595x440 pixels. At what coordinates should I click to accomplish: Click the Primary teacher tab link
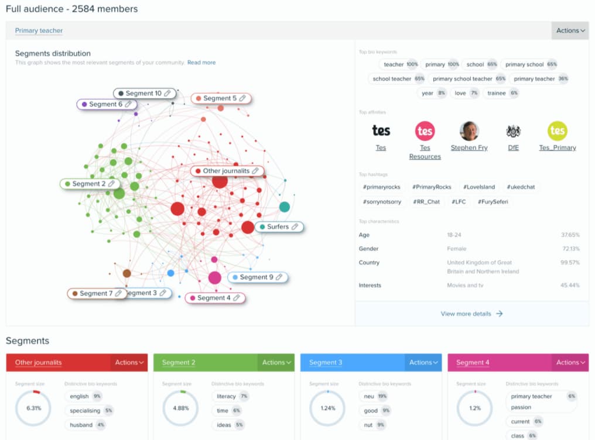tap(39, 30)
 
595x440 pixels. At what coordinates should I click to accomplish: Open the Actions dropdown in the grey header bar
tap(570, 30)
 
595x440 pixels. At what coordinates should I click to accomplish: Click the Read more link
tap(201, 63)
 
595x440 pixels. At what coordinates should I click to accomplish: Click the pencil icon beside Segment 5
tap(242, 98)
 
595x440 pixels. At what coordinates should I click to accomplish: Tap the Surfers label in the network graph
tap(278, 226)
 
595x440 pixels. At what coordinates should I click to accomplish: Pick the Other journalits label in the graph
tap(225, 171)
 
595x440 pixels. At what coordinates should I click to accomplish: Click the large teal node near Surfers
tap(285, 207)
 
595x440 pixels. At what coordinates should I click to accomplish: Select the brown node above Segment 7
tap(126, 273)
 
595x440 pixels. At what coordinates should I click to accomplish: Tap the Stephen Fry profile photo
tap(469, 131)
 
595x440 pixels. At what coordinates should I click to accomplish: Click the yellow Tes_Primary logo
tap(557, 131)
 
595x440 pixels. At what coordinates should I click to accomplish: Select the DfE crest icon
tap(513, 131)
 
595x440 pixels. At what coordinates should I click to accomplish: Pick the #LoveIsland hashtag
tap(478, 187)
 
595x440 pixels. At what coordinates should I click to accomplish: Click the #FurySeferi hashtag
tap(493, 202)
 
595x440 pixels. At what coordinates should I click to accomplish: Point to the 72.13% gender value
tap(570, 249)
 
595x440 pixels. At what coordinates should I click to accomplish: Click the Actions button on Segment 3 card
tap(423, 363)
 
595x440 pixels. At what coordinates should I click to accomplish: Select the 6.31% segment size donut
tap(33, 408)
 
